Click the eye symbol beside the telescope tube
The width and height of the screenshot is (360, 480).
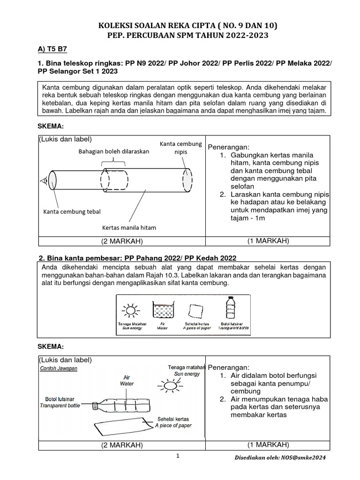tap(43, 180)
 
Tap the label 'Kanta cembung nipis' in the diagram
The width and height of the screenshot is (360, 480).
tap(180, 148)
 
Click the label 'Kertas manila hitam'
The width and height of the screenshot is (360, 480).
tap(129, 227)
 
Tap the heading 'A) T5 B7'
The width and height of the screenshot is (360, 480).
tap(53, 48)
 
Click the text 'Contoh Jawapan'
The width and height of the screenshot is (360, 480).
tap(59, 368)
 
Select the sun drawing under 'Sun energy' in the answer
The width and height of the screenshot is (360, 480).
tap(170, 385)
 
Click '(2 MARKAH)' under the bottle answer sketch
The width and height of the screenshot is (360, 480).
tap(122, 445)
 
